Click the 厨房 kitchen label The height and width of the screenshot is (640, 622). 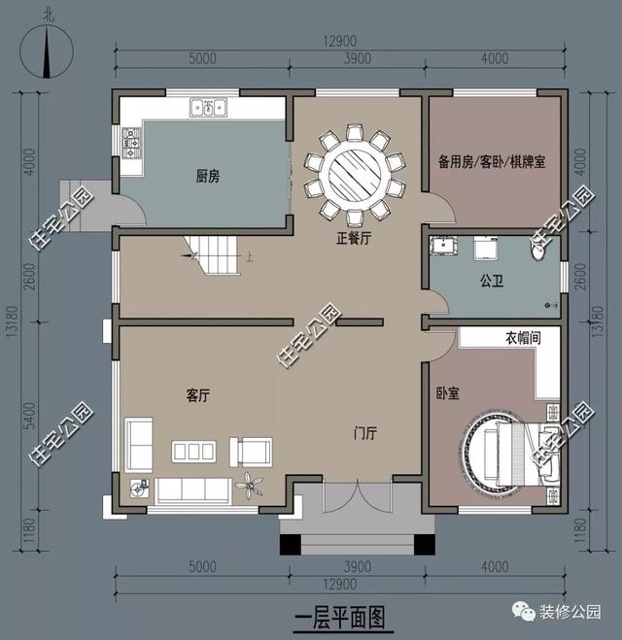pos(208,176)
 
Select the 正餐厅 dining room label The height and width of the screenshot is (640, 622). pos(354,238)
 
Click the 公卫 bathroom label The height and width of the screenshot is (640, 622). pos(491,282)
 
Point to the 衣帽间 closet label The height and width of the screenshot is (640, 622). pos(522,339)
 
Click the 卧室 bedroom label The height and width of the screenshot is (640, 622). pos(448,392)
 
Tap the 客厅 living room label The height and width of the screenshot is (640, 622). pos(199,395)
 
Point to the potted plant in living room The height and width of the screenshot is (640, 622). pos(253,483)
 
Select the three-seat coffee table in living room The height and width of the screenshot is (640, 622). pos(192,451)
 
